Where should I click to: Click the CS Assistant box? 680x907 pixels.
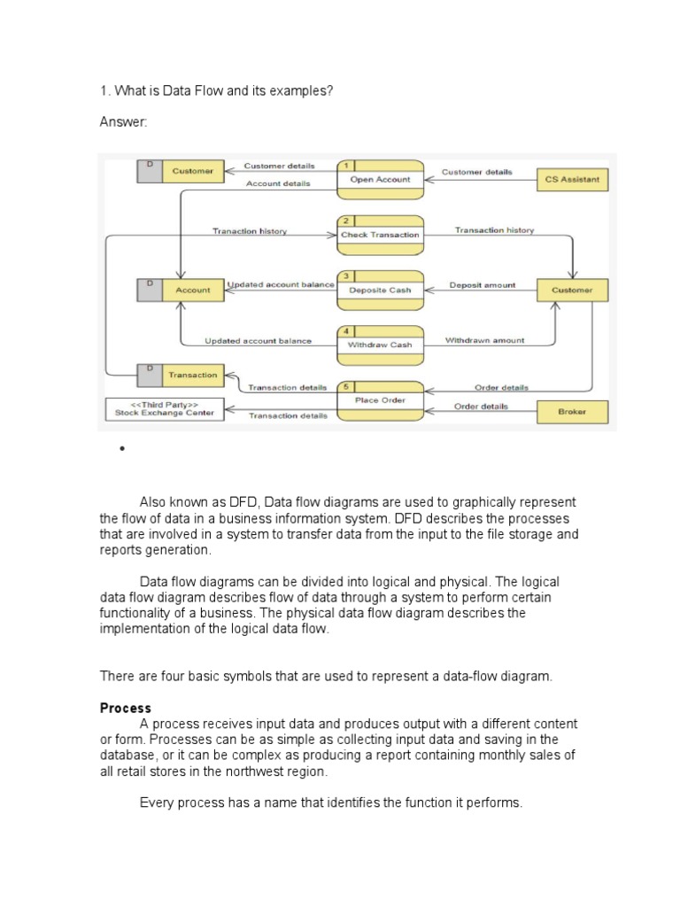pyautogui.click(x=572, y=179)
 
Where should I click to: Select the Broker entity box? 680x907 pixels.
pyautogui.click(x=572, y=412)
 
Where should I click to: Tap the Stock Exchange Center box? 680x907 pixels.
pyautogui.click(x=165, y=408)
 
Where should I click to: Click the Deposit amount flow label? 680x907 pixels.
pyautogui.click(x=482, y=285)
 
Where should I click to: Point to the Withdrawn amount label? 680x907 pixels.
pyautogui.click(x=484, y=340)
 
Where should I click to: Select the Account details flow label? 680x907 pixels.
pyautogui.click(x=278, y=184)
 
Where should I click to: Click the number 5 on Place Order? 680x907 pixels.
pyautogui.click(x=345, y=387)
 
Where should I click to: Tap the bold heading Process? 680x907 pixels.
pyautogui.click(x=126, y=709)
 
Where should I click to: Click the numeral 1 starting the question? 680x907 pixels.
pyautogui.click(x=104, y=90)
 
